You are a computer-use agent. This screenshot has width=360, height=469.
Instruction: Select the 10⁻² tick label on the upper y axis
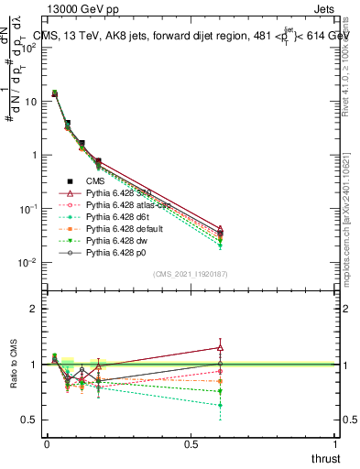tap(27, 263)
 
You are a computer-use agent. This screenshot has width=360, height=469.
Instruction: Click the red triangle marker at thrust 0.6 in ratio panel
tap(219, 347)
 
